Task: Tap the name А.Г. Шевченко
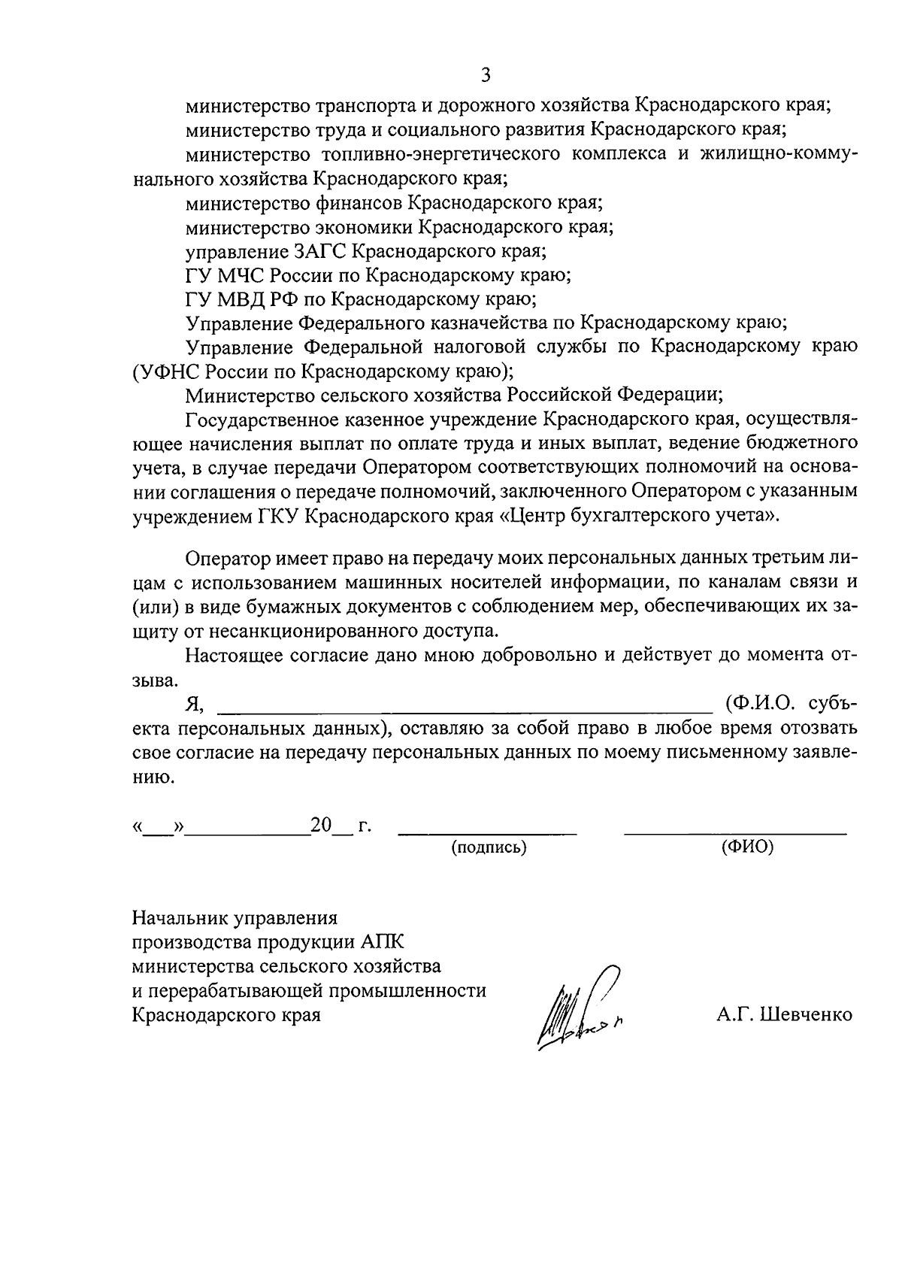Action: click(x=784, y=1014)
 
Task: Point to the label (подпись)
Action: click(x=489, y=847)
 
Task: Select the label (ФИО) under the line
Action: click(x=747, y=847)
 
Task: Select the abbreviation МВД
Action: click(x=243, y=299)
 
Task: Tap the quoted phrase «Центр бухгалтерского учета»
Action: click(x=638, y=515)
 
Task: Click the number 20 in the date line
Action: click(x=321, y=825)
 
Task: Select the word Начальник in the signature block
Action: click(x=180, y=918)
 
